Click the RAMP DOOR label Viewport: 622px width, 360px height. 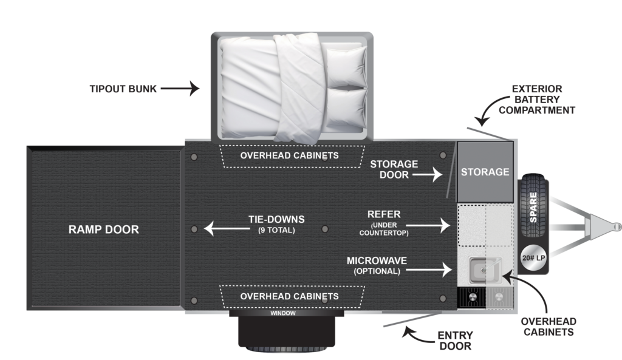pyautogui.click(x=103, y=229)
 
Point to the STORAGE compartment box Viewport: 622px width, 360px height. pyautogui.click(x=485, y=172)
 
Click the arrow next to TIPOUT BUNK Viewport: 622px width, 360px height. pyautogui.click(x=180, y=89)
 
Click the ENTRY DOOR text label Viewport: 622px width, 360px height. pyautogui.click(x=455, y=341)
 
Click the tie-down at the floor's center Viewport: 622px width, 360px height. pyautogui.click(x=325, y=229)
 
